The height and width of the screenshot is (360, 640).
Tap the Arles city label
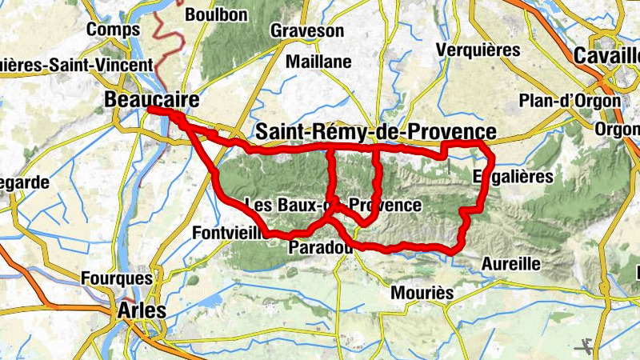pyautogui.click(x=142, y=310)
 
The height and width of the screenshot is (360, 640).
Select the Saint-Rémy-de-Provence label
pyautogui.click(x=374, y=131)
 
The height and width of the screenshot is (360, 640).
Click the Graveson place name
pyautogui.click(x=307, y=31)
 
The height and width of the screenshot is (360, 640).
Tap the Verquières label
pyautogui.click(x=478, y=50)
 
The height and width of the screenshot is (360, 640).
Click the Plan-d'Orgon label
pyautogui.click(x=570, y=101)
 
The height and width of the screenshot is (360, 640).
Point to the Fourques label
pyautogui.click(x=117, y=278)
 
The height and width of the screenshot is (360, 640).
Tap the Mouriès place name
pyautogui.click(x=422, y=293)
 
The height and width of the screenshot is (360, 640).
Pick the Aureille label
pyautogui.click(x=513, y=263)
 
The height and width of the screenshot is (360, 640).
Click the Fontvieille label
pyautogui.click(x=230, y=233)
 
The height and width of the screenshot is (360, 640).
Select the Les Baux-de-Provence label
pyautogui.click(x=333, y=205)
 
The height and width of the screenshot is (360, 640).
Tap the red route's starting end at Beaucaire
pyautogui.click(x=150, y=111)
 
